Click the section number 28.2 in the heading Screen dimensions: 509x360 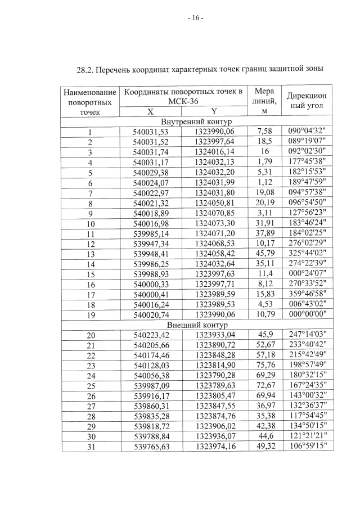tap(85, 70)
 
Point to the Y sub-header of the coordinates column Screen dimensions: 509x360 tap(213, 112)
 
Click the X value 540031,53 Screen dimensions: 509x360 tap(150, 132)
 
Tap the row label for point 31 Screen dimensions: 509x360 tap(89, 447)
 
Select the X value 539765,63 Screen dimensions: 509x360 tap(150, 447)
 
